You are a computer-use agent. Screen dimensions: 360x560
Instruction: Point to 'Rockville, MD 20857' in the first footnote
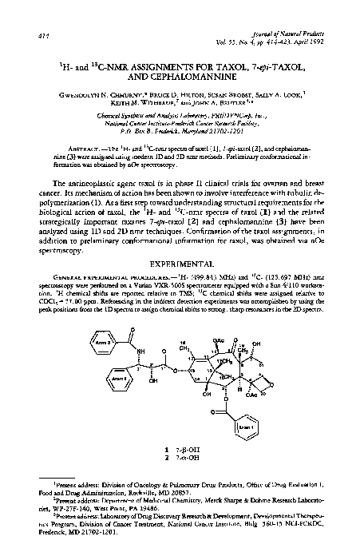[147, 502]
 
